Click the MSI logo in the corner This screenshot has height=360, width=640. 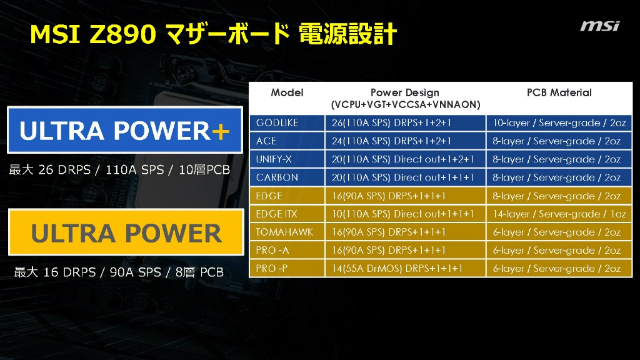click(599, 26)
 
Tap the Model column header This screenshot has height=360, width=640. click(287, 92)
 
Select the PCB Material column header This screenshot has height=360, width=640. click(559, 92)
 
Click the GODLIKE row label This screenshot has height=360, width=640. click(277, 123)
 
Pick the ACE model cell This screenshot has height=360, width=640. click(266, 141)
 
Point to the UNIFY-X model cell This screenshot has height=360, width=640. click(274, 159)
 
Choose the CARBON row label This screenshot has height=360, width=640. click(277, 177)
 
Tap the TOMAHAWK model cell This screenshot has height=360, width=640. click(284, 232)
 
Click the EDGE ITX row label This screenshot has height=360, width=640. click(276, 214)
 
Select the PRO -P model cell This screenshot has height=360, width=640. click(272, 269)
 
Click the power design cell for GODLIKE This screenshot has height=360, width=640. click(405, 123)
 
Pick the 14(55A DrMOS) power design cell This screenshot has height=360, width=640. click(405, 269)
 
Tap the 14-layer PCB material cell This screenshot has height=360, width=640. click(559, 214)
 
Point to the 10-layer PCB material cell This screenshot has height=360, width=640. click(559, 123)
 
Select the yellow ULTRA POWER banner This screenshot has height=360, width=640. click(126, 232)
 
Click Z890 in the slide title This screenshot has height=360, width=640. click(122, 34)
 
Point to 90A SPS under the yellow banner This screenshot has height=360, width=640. click(135, 272)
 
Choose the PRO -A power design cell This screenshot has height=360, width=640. click(405, 250)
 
